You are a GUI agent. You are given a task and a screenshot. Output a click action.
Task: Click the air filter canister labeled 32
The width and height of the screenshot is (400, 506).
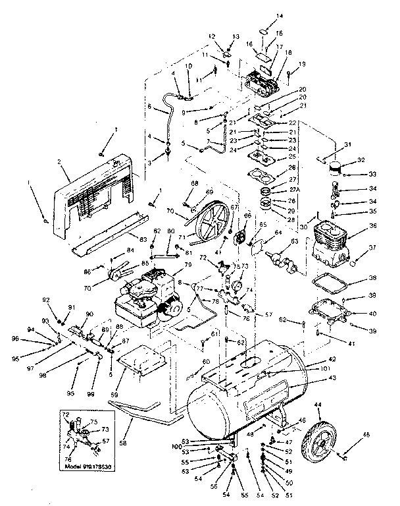coord(336,170)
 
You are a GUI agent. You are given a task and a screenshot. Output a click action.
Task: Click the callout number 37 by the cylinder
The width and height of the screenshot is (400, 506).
coord(372,248)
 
